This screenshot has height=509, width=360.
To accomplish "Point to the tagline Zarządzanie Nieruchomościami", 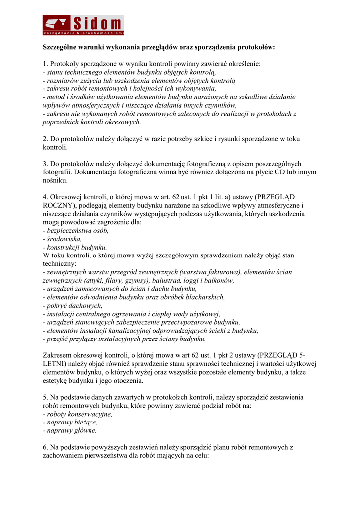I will pos(83,33).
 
